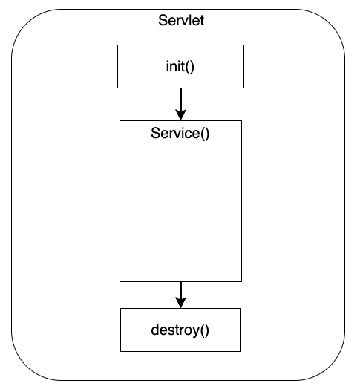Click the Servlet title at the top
(181, 20)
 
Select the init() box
(180, 65)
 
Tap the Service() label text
(180, 134)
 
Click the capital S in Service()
(155, 134)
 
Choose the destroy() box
(180, 330)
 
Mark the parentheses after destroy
(204, 330)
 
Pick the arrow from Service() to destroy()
(180, 293)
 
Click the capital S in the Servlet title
(163, 20)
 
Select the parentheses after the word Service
(206, 134)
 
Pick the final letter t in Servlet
(202, 20)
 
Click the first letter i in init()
(167, 66)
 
